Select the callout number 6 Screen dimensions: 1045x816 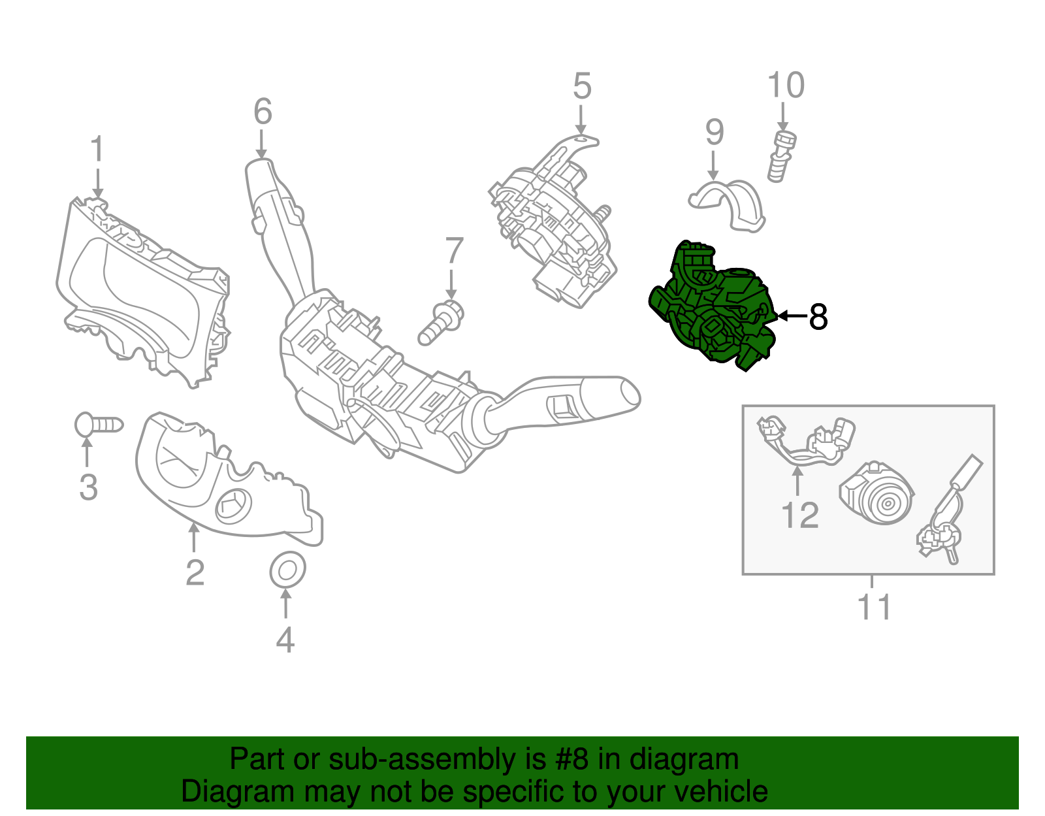click(x=263, y=112)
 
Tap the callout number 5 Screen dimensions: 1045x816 click(x=582, y=86)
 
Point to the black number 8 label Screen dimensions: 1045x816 click(x=818, y=317)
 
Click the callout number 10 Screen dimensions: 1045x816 click(x=786, y=85)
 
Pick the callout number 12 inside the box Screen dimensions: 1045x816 click(x=799, y=515)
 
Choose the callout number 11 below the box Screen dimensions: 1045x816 click(x=875, y=608)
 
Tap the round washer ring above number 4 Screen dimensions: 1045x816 click(x=287, y=570)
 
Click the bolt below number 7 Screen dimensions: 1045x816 click(x=441, y=323)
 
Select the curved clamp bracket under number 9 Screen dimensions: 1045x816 click(x=726, y=206)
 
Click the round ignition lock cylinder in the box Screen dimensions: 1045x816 click(x=876, y=498)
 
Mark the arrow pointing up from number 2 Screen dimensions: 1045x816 click(x=193, y=538)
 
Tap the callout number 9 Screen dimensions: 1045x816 click(x=715, y=132)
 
